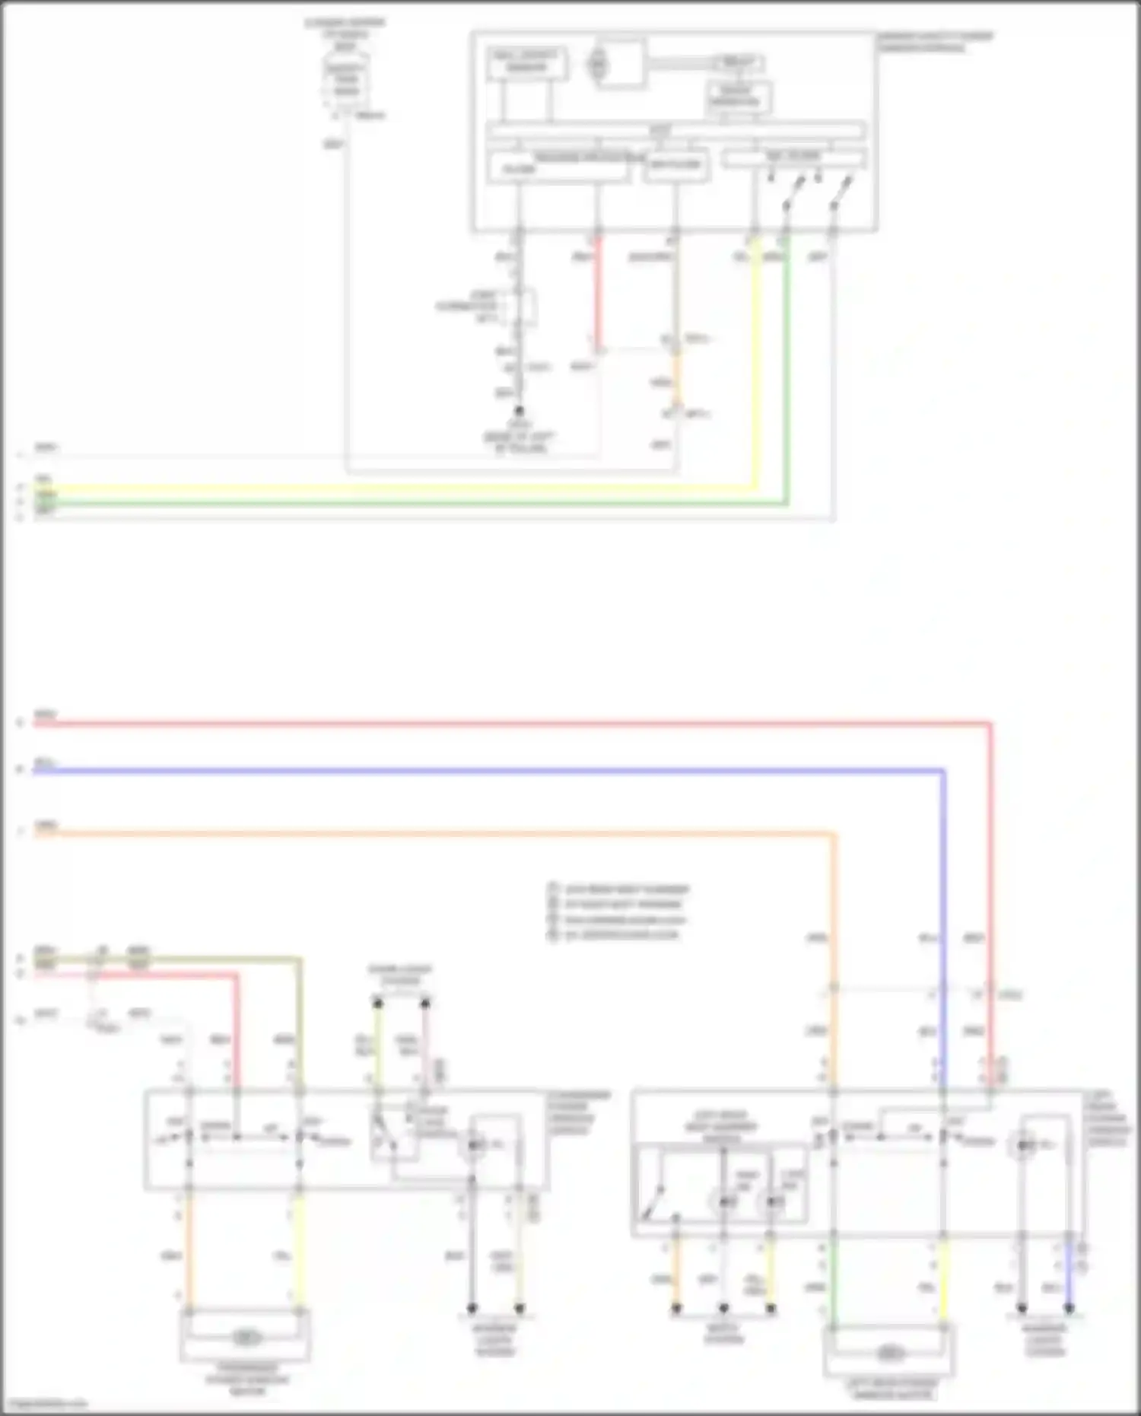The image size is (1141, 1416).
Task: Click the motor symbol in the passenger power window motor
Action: click(x=245, y=1337)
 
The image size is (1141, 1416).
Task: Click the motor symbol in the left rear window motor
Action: click(x=888, y=1353)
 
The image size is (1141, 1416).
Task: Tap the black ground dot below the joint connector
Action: click(x=520, y=411)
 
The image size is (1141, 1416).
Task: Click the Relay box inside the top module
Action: click(x=737, y=62)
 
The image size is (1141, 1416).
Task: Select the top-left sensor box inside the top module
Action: click(x=526, y=62)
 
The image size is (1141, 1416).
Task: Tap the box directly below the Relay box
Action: click(x=738, y=97)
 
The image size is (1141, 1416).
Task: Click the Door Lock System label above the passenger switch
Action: click(x=400, y=975)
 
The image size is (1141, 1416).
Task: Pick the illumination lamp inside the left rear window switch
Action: click(x=1025, y=1144)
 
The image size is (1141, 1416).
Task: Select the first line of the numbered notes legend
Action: click(x=620, y=889)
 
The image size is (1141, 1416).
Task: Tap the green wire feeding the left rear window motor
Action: click(x=834, y=1278)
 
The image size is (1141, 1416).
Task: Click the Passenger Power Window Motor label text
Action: click(x=247, y=1379)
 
